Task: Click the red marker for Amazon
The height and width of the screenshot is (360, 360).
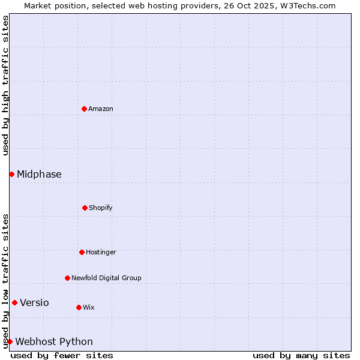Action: (x=84, y=109)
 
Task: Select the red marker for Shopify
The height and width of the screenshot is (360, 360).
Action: (x=85, y=208)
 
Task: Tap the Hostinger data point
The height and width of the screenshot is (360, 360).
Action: (x=82, y=252)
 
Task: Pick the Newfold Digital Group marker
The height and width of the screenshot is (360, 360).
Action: (x=67, y=278)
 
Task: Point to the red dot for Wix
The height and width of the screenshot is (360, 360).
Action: (x=79, y=307)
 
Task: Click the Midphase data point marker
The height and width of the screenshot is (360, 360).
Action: (x=11, y=174)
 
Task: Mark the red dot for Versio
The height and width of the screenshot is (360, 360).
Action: (x=14, y=302)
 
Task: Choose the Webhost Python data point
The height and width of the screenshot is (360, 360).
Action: (x=10, y=341)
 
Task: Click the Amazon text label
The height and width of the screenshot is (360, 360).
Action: (x=101, y=109)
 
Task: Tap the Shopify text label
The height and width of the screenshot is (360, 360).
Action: (x=101, y=208)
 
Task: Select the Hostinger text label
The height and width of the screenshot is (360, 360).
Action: (x=101, y=252)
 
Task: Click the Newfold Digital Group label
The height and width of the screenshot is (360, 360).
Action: (x=106, y=278)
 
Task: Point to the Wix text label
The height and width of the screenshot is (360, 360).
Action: (x=89, y=307)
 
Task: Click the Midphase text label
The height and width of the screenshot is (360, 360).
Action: (x=39, y=174)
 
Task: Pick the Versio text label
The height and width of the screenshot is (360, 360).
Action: (x=34, y=302)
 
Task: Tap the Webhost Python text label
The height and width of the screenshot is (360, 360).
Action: (x=54, y=341)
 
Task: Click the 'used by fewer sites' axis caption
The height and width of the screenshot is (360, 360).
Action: (x=62, y=355)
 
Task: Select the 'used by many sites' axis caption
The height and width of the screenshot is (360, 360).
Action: (x=301, y=355)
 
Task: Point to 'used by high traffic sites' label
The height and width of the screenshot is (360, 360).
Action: (x=5, y=85)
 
